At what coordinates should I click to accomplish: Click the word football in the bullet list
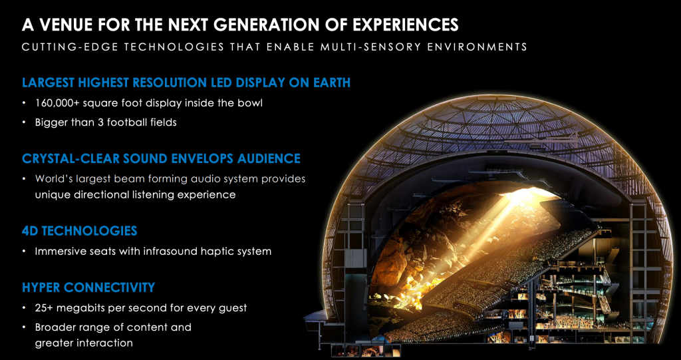(118, 122)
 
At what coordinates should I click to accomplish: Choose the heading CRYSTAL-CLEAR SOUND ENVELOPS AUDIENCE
(161, 158)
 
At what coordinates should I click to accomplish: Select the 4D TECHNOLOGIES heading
(80, 231)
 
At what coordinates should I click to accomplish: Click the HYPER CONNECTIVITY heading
(88, 287)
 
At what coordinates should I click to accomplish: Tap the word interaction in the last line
(106, 343)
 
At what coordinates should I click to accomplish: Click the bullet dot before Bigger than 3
(25, 123)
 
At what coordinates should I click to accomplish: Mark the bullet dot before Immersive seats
(25, 252)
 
